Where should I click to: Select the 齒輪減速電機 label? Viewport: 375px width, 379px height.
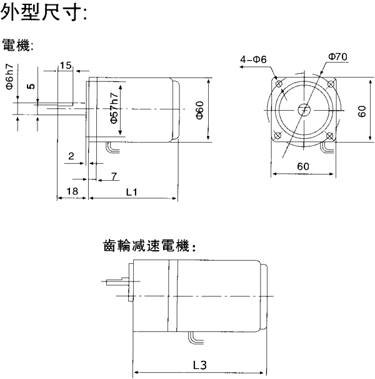tap(149, 246)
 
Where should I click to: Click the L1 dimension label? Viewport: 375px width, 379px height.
tap(132, 191)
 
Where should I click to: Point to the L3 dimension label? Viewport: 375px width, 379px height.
tap(201, 364)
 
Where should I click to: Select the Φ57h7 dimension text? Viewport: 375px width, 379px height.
tap(113, 108)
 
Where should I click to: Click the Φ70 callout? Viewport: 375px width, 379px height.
tap(337, 57)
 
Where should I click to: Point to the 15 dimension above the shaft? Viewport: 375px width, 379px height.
tap(66, 65)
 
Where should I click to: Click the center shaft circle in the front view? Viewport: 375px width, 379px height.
tap(304, 110)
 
